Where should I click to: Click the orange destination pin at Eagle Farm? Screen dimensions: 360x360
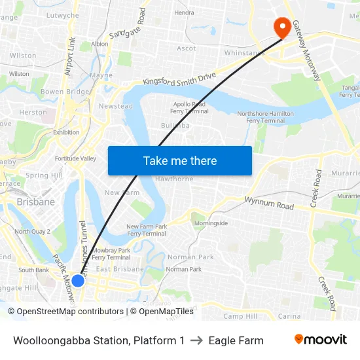pos(283,26)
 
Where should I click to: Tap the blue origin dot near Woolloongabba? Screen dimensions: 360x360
pos(77,281)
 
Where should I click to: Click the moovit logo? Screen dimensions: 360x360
pos(320,340)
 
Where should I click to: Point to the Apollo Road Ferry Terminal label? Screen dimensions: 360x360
pos(190,107)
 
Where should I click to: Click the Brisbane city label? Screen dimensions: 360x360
pos(36,202)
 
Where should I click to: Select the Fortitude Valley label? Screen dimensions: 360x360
pos(75,158)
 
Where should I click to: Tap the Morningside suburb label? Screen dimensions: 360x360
pos(210,223)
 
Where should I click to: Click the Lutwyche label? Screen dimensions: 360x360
pos(63,15)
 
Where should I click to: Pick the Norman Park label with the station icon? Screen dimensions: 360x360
pos(183,269)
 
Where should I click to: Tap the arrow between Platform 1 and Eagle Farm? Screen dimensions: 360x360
pos(196,340)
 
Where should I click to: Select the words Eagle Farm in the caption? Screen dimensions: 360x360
pos(236,340)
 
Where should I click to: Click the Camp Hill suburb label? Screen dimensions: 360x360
pos(240,316)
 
